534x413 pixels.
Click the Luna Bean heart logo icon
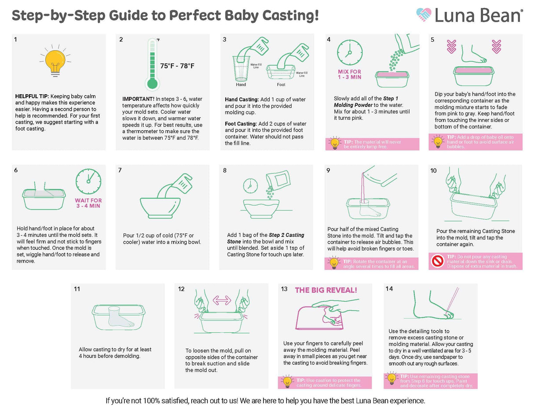(424, 15)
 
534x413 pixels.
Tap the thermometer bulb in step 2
(152, 83)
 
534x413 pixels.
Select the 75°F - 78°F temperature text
(177, 66)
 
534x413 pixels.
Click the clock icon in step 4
(350, 52)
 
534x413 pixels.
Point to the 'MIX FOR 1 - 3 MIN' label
(350, 74)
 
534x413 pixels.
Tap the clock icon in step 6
(88, 181)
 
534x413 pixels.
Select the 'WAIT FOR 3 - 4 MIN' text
(88, 203)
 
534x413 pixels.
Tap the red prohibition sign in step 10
(438, 262)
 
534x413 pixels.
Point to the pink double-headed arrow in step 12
(222, 300)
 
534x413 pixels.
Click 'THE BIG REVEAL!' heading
(326, 290)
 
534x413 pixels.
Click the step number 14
(389, 289)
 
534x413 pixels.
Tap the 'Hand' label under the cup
(241, 85)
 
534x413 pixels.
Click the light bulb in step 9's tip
(334, 263)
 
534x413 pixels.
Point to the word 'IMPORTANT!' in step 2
(138, 99)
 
